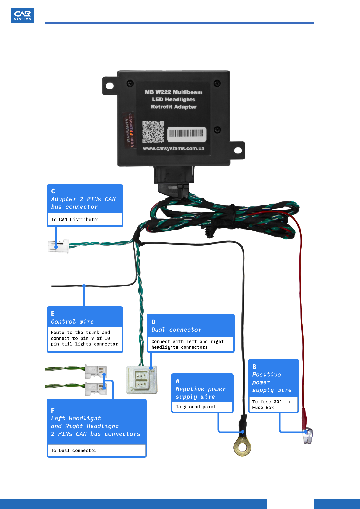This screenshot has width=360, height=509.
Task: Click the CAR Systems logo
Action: [x=22, y=15]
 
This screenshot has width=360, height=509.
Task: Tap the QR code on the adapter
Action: [x=153, y=132]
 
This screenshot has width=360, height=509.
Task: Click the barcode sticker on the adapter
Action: [x=187, y=134]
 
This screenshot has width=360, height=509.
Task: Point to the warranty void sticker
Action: [x=128, y=130]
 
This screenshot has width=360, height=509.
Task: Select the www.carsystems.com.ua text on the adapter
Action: [x=174, y=149]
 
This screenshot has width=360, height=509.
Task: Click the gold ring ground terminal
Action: [x=242, y=446]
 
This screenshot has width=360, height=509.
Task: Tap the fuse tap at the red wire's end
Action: [x=308, y=436]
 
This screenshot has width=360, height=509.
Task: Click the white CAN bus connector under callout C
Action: [x=59, y=246]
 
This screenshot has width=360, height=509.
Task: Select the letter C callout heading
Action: [x=53, y=191]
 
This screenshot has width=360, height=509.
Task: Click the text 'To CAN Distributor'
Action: [x=75, y=220]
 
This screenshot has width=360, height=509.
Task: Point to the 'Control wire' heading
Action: [x=72, y=322]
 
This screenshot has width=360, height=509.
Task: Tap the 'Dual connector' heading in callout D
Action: [x=176, y=330]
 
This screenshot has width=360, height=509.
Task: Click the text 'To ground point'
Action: [x=196, y=407]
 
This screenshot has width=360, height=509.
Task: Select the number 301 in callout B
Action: [x=278, y=402]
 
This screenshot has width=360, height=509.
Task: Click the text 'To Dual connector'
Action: [x=74, y=450]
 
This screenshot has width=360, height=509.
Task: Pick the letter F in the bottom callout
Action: [x=53, y=410]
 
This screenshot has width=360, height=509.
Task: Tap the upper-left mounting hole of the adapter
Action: [x=110, y=86]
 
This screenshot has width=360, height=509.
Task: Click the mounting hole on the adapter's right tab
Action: [x=238, y=150]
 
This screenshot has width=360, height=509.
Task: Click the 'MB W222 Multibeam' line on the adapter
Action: [x=174, y=92]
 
